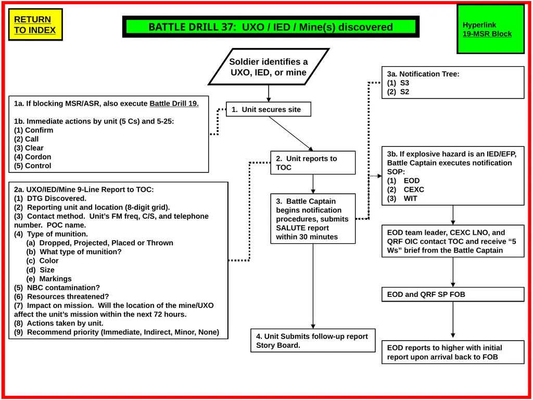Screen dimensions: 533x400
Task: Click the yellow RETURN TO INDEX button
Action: pyautogui.click(x=35, y=24)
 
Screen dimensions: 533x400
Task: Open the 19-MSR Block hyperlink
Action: pyautogui.click(x=487, y=34)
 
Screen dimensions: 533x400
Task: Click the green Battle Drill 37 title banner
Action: pyautogui.click(x=271, y=27)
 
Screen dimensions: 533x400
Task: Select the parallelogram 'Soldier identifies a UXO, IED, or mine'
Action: pyautogui.click(x=269, y=67)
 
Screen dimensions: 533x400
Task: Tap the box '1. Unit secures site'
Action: pyautogui.click(x=269, y=109)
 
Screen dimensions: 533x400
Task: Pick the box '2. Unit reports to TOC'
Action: pyautogui.click(x=313, y=163)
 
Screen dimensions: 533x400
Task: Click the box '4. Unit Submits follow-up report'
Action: pyautogui.click(x=313, y=341)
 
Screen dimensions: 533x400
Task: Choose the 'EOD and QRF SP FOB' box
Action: pyautogui.click(x=453, y=294)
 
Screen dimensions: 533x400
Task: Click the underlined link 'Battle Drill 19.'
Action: pyautogui.click(x=174, y=104)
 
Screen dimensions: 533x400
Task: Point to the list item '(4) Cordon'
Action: pyautogui.click(x=33, y=157)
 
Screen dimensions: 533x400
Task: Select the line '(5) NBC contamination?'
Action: pyautogui.click(x=57, y=287)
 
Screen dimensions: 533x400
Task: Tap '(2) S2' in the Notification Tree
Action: pyautogui.click(x=398, y=92)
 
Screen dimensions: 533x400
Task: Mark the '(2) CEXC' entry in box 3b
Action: pyautogui.click(x=405, y=190)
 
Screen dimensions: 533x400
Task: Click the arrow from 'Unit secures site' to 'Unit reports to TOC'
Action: pyautogui.click(x=291, y=134)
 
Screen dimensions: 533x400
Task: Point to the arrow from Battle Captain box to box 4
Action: pyautogui.click(x=313, y=286)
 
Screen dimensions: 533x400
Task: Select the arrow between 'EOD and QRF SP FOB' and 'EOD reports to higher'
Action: pyautogui.click(x=453, y=320)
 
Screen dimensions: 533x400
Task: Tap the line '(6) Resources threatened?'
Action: pyautogui.click(x=61, y=296)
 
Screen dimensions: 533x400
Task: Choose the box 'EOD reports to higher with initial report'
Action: pyautogui.click(x=453, y=352)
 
